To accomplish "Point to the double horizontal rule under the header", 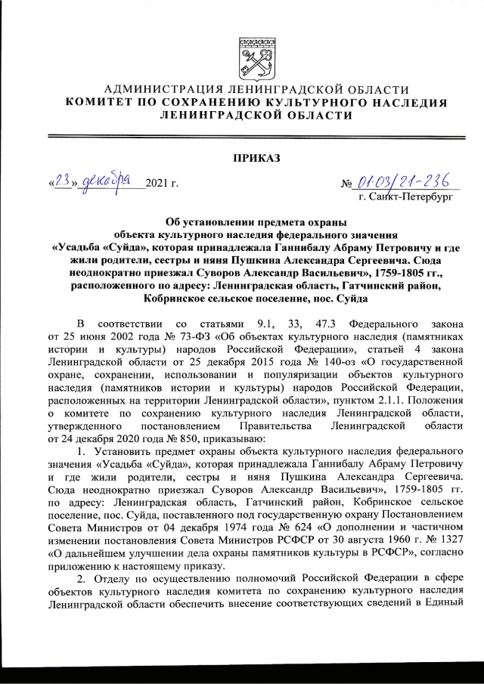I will click(x=241, y=136).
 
